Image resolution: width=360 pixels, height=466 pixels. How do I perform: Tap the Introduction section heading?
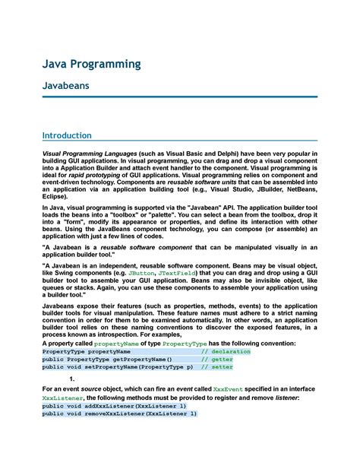tap(67, 135)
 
